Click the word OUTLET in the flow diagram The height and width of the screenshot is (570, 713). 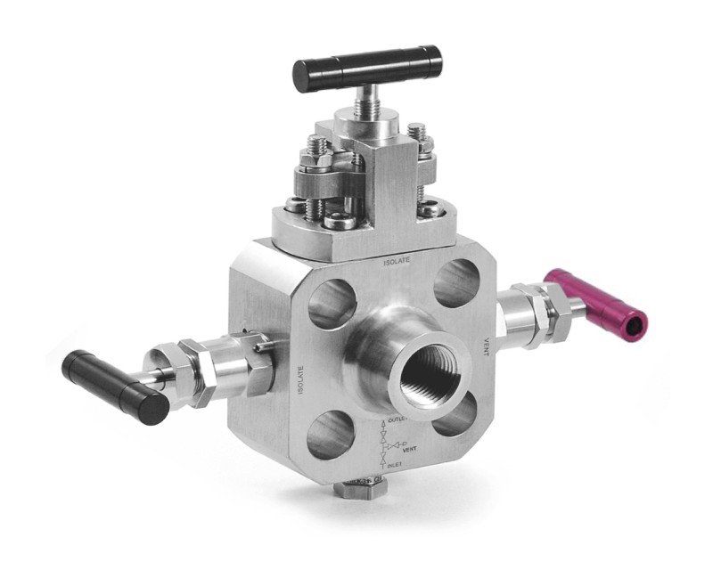(398, 418)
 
